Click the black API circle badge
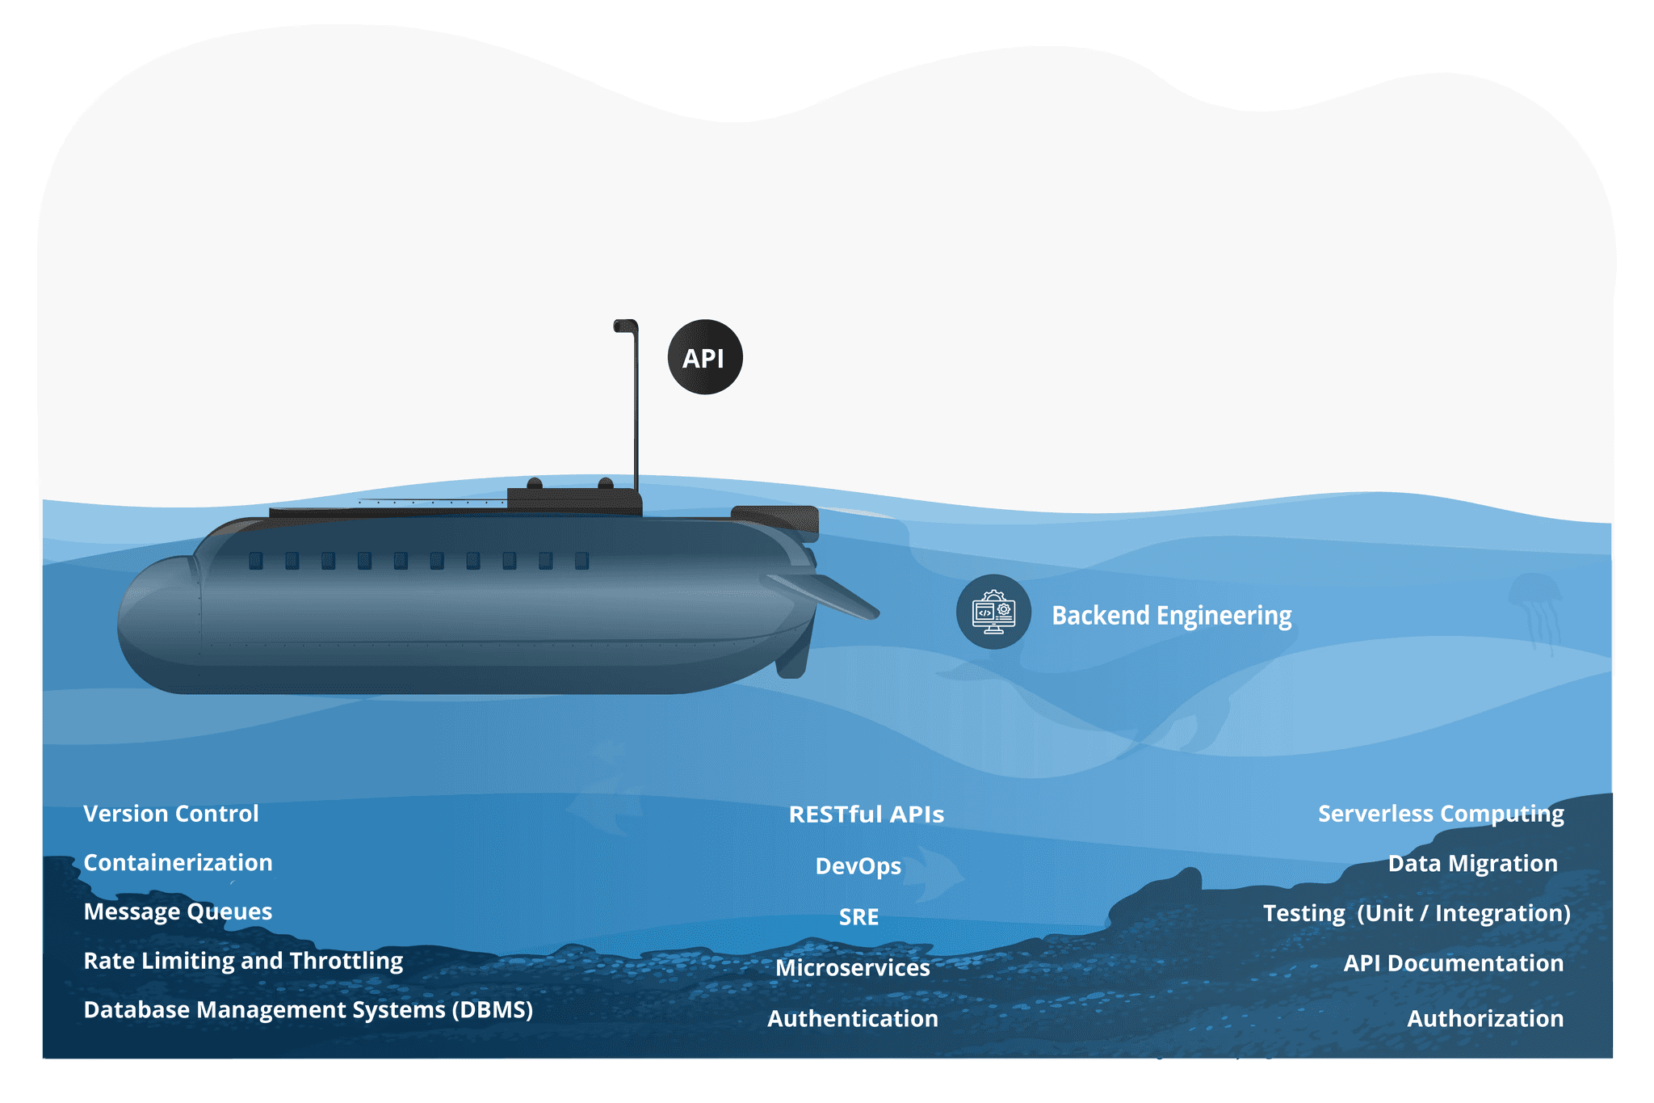click(704, 357)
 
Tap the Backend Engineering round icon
click(993, 612)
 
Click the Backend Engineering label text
click(1171, 616)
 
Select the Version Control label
click(171, 814)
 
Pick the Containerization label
click(178, 863)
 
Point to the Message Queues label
click(178, 911)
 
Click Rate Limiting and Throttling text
click(243, 961)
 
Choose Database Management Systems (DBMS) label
click(309, 1010)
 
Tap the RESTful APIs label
click(866, 815)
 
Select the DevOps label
click(858, 866)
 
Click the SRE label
click(858, 917)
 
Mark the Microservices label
click(853, 968)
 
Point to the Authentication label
click(853, 1019)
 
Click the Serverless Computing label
click(1441, 814)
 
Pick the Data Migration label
click(1472, 864)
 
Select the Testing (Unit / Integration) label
click(1417, 913)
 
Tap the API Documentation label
click(1453, 963)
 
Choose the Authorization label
click(1485, 1019)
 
